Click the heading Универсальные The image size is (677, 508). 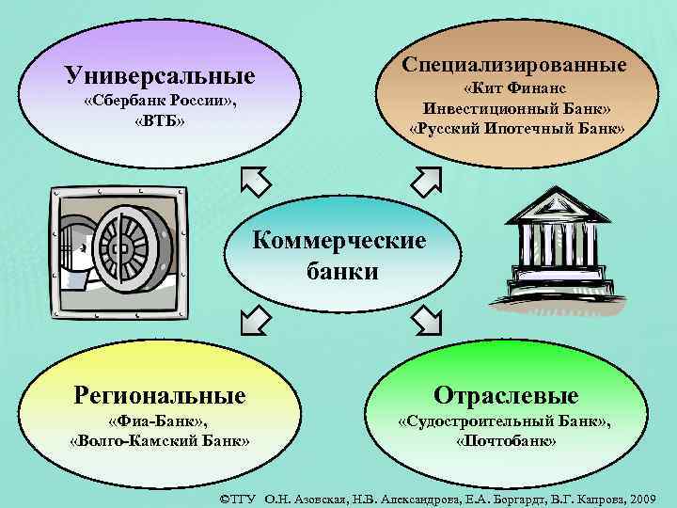[x=160, y=74]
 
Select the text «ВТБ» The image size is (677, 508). [x=159, y=122]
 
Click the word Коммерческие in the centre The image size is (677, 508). [x=340, y=241]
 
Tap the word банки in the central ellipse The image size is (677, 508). [x=342, y=272]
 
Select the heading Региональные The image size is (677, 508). [x=160, y=394]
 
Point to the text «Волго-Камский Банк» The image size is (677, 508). [x=159, y=441]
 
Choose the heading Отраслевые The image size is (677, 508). [x=506, y=394]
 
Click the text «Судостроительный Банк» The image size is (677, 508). [x=504, y=421]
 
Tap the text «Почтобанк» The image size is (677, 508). [x=506, y=441]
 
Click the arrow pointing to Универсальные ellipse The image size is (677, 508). [x=256, y=181]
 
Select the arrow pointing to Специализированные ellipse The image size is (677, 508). [x=425, y=179]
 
